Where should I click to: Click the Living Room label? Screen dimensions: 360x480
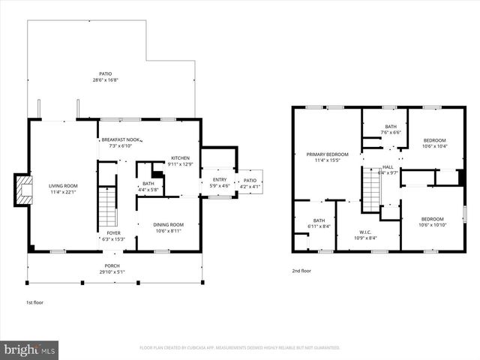coord(64,188)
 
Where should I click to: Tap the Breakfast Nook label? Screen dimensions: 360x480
coord(121,142)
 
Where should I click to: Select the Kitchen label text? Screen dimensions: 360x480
coord(181,160)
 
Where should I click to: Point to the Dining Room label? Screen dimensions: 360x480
coord(168,227)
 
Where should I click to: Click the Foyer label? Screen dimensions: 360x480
coord(112,236)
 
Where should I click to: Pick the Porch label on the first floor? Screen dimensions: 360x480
coord(112,268)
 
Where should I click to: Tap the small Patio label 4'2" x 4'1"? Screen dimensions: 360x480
coord(249,183)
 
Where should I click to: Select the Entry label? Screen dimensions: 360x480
coord(219,182)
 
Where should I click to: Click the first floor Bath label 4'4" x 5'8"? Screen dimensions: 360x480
coord(148,186)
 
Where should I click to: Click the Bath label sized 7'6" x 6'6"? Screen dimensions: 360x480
coord(391,129)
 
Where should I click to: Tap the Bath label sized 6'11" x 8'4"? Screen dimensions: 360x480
coord(319,223)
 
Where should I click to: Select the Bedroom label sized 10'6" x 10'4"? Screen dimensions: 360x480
coord(433,143)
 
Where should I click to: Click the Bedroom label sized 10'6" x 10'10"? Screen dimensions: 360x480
coord(433,222)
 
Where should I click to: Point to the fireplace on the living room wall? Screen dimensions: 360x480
coord(24,190)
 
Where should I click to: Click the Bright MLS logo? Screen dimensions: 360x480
coord(30,349)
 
